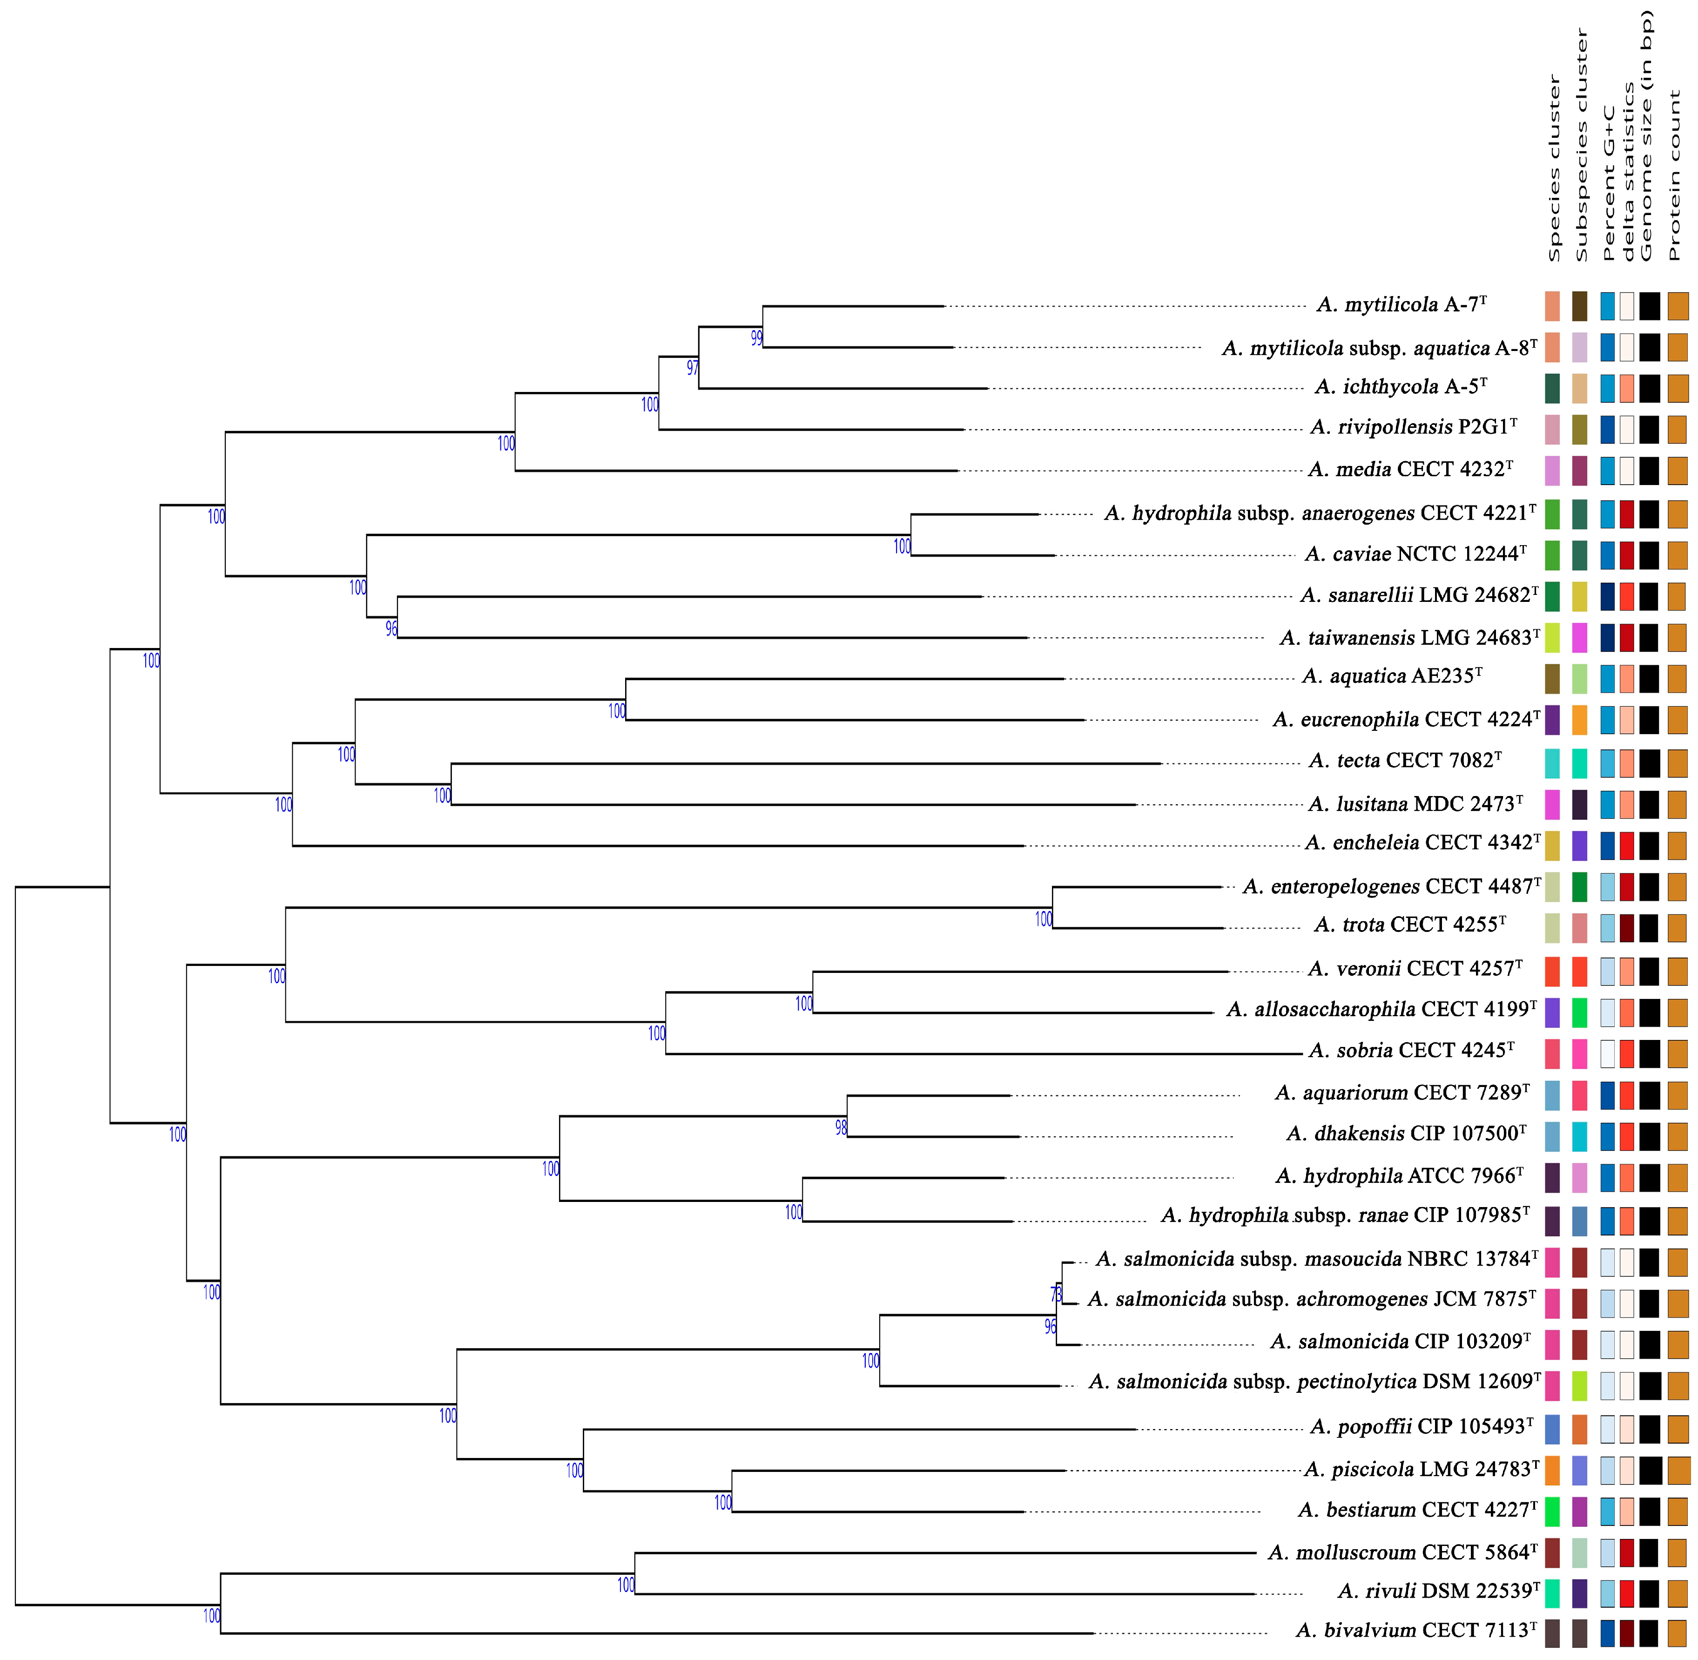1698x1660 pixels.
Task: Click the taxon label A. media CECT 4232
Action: click(x=1409, y=470)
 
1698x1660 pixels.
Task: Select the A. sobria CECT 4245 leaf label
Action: click(x=1411, y=1051)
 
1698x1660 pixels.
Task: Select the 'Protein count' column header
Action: click(x=1674, y=175)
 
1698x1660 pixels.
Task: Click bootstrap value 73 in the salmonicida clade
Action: click(x=1057, y=1293)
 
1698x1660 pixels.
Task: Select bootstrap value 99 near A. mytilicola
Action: click(x=756, y=338)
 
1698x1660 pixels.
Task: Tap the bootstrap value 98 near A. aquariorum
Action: click(x=841, y=1127)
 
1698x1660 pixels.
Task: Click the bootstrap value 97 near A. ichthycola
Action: click(x=692, y=368)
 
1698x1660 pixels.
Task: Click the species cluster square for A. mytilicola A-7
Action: click(x=1552, y=306)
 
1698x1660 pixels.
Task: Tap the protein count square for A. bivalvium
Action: click(x=1677, y=1633)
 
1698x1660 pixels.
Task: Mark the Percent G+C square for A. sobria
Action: click(x=1607, y=1053)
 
